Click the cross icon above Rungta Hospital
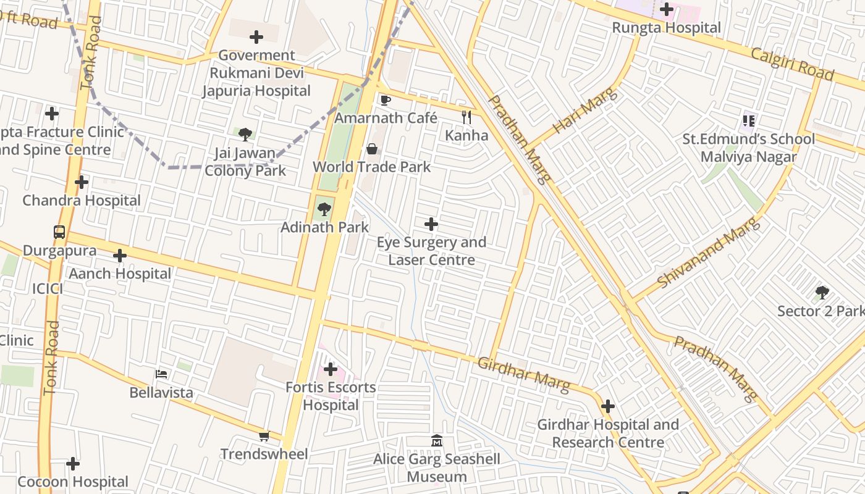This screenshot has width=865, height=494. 666,9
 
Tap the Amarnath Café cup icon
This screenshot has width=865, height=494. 386,100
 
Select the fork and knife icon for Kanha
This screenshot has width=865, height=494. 466,117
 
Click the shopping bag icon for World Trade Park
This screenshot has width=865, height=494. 372,149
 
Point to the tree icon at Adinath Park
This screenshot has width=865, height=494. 324,209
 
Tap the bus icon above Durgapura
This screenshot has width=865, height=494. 59,233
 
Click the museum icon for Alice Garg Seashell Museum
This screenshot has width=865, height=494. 437,441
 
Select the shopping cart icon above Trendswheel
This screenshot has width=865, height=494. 264,437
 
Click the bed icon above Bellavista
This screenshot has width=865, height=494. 161,374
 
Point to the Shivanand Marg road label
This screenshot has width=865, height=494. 707,253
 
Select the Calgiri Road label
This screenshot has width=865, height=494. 792,62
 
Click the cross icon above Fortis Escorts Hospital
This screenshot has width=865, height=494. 331,370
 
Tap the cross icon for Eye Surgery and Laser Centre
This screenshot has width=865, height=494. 431,224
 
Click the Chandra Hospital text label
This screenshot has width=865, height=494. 82,201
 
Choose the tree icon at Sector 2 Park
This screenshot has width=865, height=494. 822,292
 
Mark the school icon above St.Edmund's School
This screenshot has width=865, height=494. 749,121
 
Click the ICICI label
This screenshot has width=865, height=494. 48,288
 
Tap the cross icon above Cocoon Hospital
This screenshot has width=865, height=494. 73,464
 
